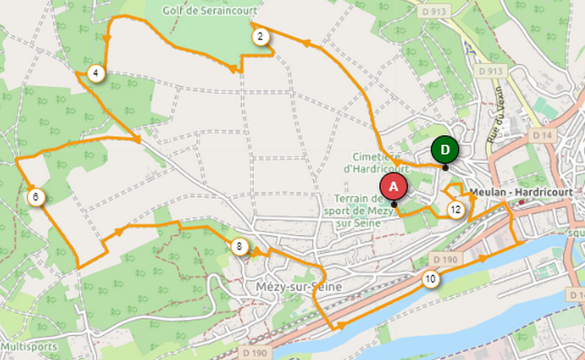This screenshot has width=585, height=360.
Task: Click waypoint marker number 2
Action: pyautogui.click(x=259, y=37)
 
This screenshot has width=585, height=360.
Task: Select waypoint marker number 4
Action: pyautogui.click(x=95, y=73)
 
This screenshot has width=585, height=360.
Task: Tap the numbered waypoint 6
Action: pyautogui.click(x=35, y=197)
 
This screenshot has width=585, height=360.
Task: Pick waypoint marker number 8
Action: pyautogui.click(x=239, y=247)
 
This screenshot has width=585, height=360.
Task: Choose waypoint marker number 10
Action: pyautogui.click(x=431, y=279)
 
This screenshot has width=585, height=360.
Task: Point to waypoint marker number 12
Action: pyautogui.click(x=455, y=211)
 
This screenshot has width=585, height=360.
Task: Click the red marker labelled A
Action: pyautogui.click(x=392, y=185)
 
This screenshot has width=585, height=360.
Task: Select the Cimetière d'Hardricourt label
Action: pyautogui.click(x=376, y=161)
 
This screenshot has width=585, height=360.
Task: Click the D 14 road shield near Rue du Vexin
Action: pyautogui.click(x=541, y=135)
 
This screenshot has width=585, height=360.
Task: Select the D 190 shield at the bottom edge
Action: pyautogui.click(x=256, y=353)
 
